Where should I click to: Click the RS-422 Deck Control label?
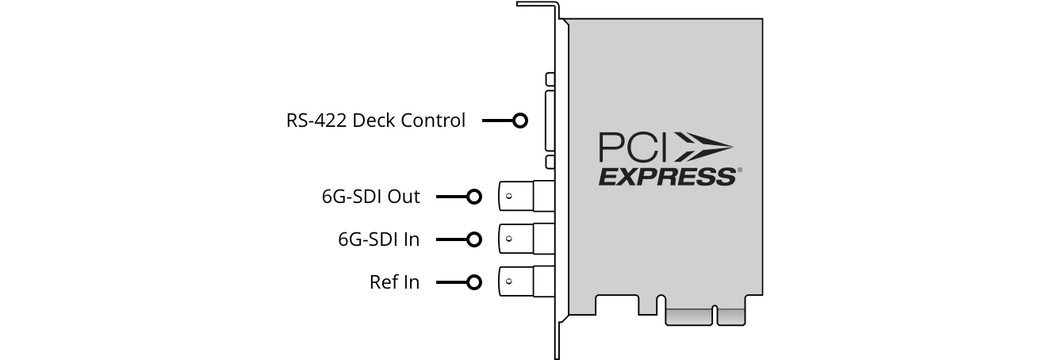tap(376, 121)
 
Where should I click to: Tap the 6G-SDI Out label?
tap(371, 197)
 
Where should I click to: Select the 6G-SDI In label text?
tap(378, 239)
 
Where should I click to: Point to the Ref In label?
tap(394, 281)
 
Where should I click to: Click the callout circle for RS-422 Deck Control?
tap(520, 121)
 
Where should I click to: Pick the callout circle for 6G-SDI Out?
tap(474, 197)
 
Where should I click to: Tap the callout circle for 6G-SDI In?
tap(474, 239)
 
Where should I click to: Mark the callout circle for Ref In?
tap(474, 281)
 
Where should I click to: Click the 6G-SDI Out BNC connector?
tap(523, 196)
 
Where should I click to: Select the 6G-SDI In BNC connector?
tap(523, 238)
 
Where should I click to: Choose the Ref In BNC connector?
tap(523, 281)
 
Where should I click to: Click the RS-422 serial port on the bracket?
tap(550, 121)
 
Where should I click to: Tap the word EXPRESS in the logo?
tap(666, 176)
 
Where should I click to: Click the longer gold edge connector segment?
tap(690, 317)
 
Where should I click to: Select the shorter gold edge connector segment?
tap(731, 317)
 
